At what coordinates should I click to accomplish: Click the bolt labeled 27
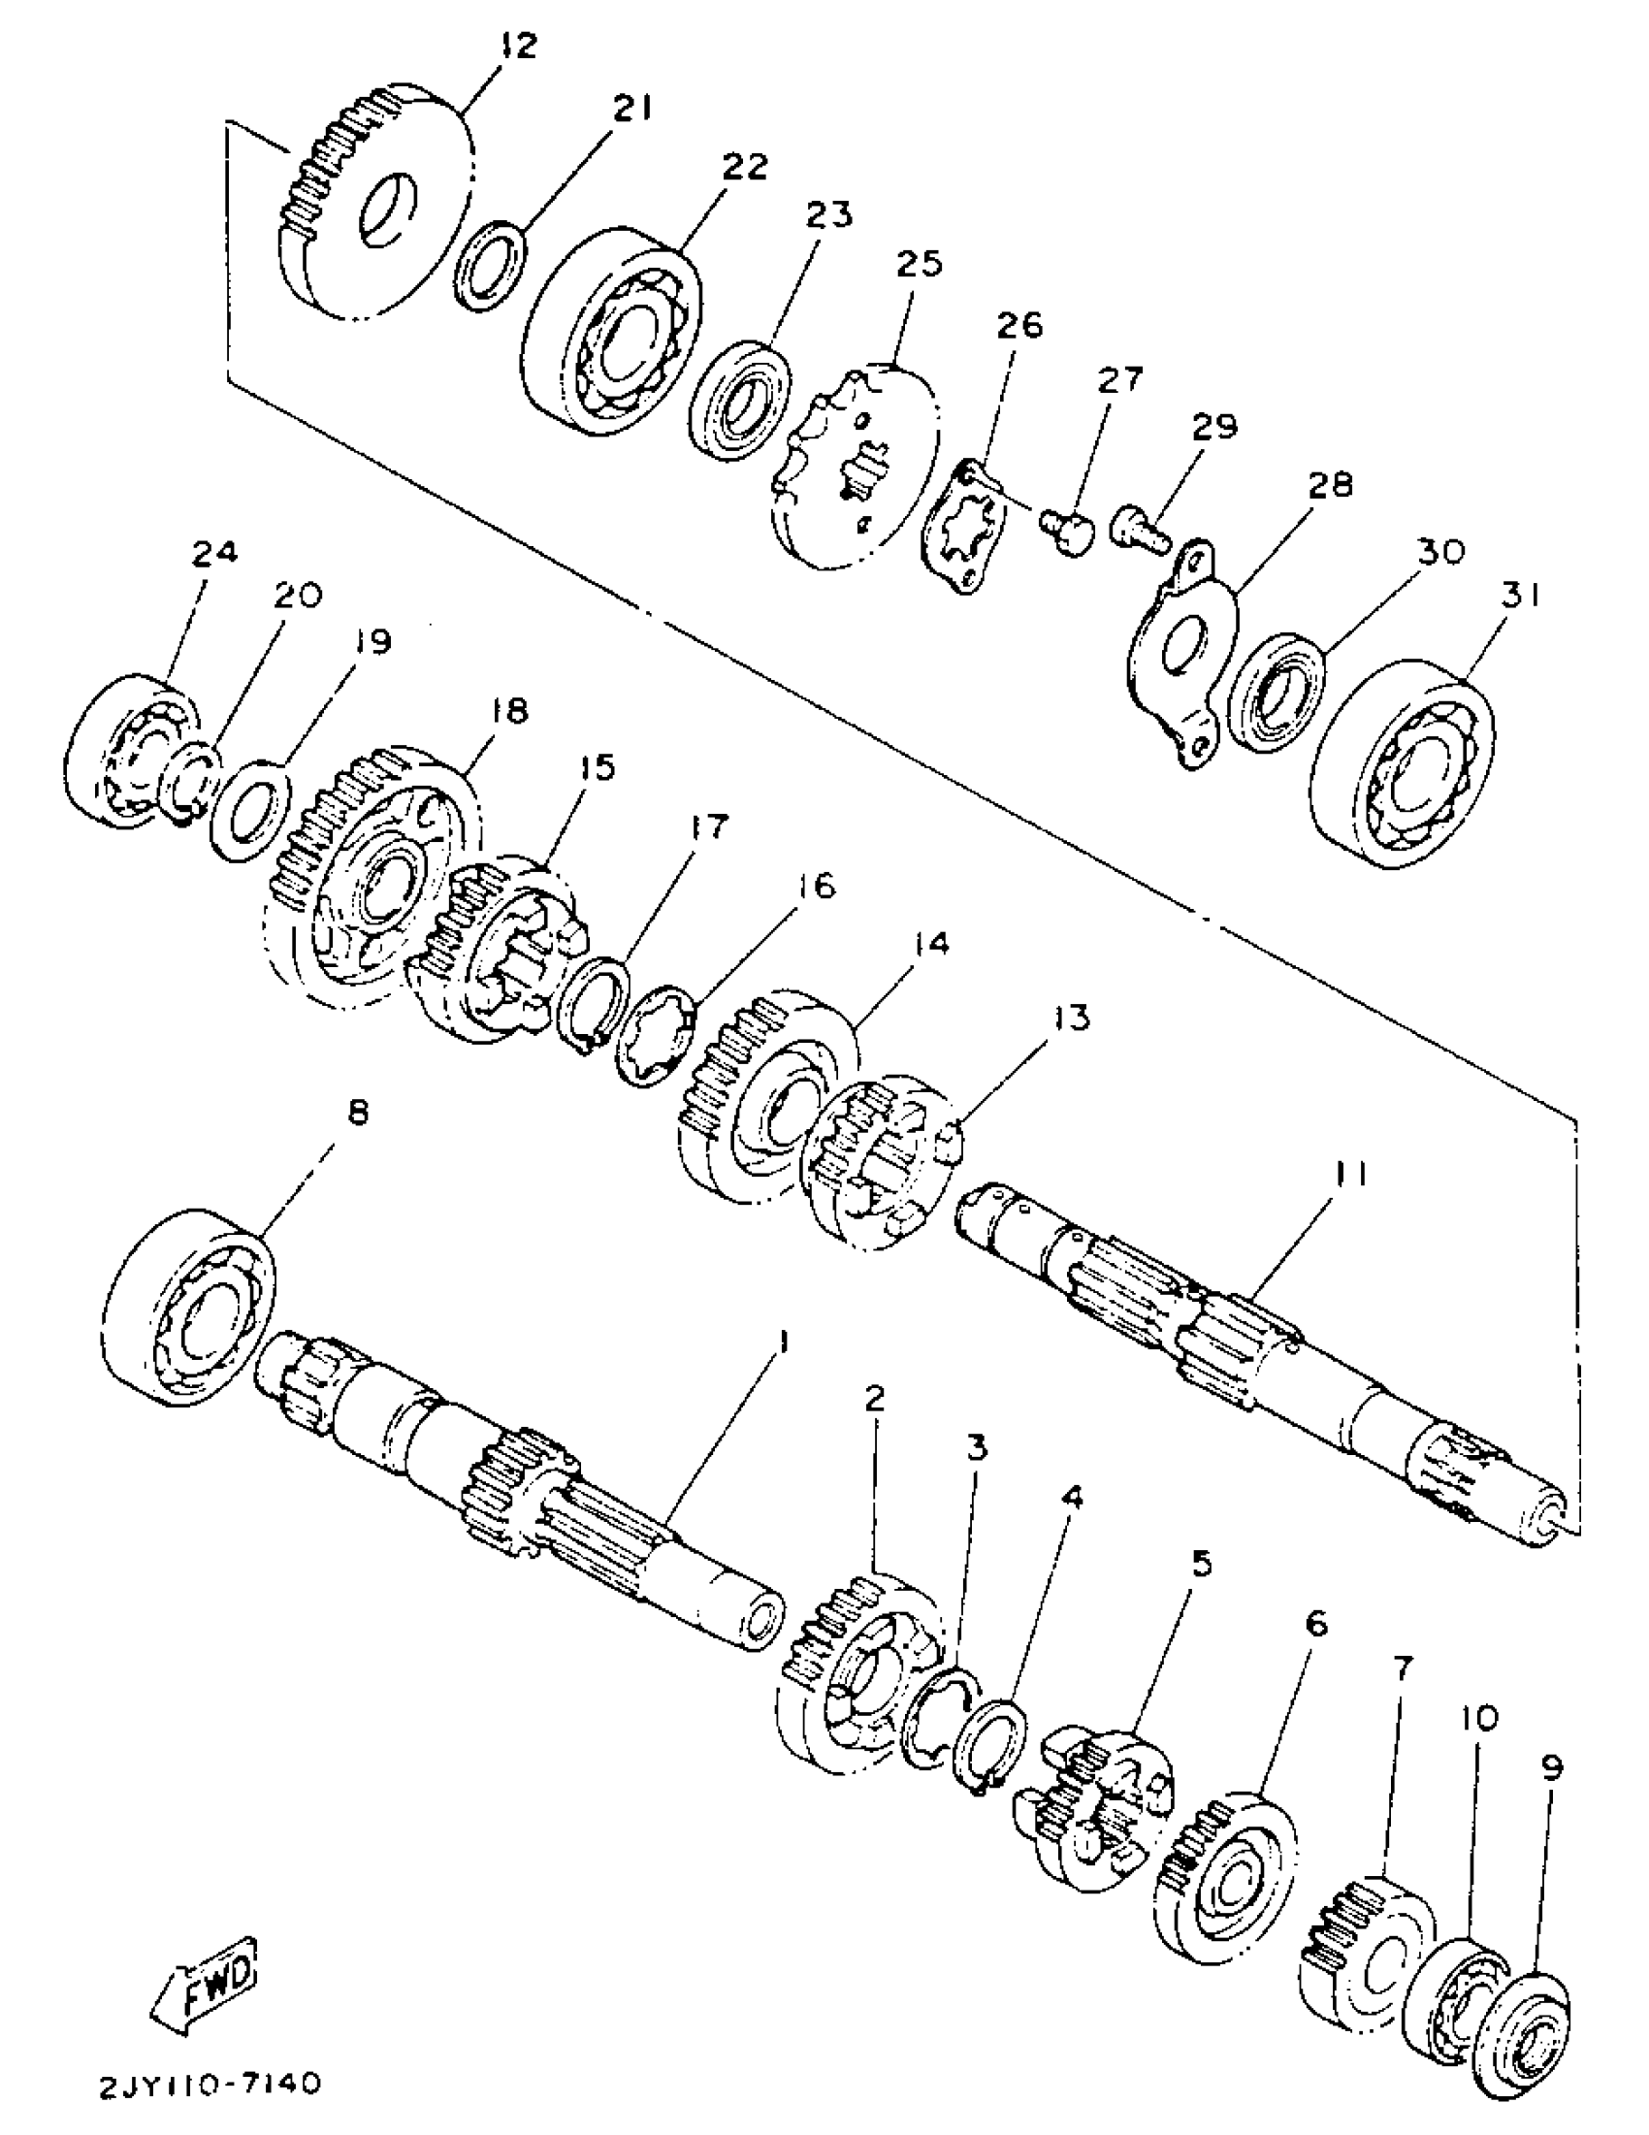[1065, 531]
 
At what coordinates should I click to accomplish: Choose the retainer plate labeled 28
[1179, 656]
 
